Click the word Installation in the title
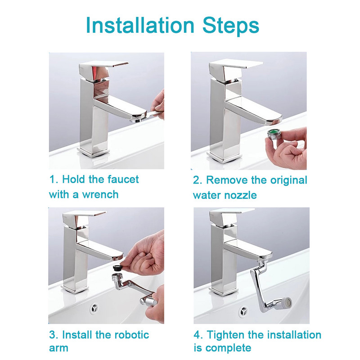point(140,25)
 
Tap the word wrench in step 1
point(100,195)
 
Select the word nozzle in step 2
point(241,195)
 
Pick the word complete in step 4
point(229,348)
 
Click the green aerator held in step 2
point(275,135)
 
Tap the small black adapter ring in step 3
point(117,268)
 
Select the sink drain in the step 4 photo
point(243,311)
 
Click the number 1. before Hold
point(54,180)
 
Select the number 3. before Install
point(54,335)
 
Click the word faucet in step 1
point(123,180)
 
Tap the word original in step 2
point(288,180)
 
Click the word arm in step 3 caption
point(58,348)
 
